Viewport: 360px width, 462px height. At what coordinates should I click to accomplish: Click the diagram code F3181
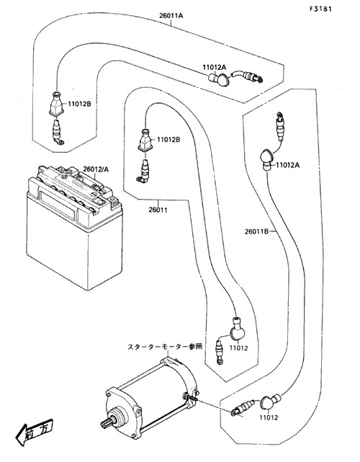(320, 9)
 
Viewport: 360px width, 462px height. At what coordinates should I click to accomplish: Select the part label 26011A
(171, 16)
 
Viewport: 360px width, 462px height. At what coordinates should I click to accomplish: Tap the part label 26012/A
(96, 169)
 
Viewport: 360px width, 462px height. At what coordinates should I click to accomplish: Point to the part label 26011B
(257, 231)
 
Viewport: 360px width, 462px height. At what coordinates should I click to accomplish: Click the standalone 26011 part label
(158, 210)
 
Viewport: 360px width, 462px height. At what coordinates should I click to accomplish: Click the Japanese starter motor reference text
(165, 347)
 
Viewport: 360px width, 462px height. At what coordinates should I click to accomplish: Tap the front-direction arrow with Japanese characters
(35, 431)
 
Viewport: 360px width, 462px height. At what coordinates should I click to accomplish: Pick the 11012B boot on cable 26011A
(56, 103)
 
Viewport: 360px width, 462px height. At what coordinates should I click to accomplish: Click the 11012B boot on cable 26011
(145, 141)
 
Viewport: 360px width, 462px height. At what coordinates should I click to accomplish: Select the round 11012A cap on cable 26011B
(267, 159)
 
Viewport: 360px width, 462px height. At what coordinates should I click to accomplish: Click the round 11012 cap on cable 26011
(237, 330)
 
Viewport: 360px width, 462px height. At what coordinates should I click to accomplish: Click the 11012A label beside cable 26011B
(287, 165)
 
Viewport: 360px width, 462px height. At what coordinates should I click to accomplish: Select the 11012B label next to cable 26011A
(80, 104)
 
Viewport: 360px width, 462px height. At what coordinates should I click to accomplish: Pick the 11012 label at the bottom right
(269, 417)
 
